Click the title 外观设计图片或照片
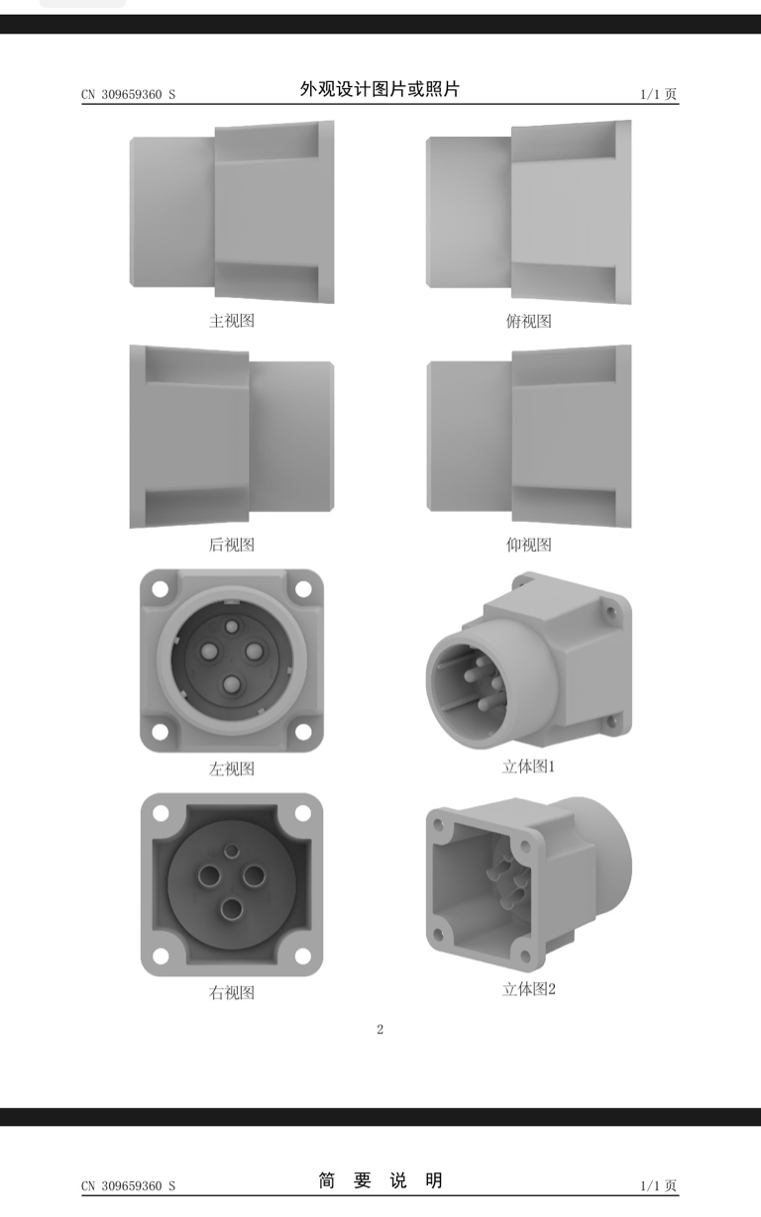click(380, 89)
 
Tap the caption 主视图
click(232, 321)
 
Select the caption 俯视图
click(528, 321)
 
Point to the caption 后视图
click(232, 545)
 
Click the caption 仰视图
click(528, 545)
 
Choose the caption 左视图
click(232, 768)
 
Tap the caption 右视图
click(232, 992)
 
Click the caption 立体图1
click(528, 766)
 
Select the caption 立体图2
click(529, 989)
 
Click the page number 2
click(380, 1029)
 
